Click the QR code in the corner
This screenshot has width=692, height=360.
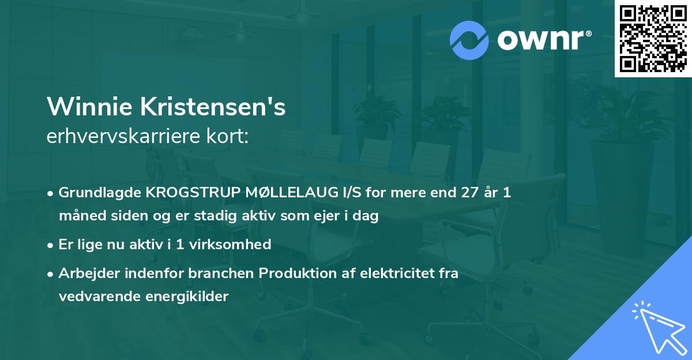653,38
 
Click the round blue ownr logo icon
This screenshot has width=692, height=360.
469,40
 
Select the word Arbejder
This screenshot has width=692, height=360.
86,273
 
